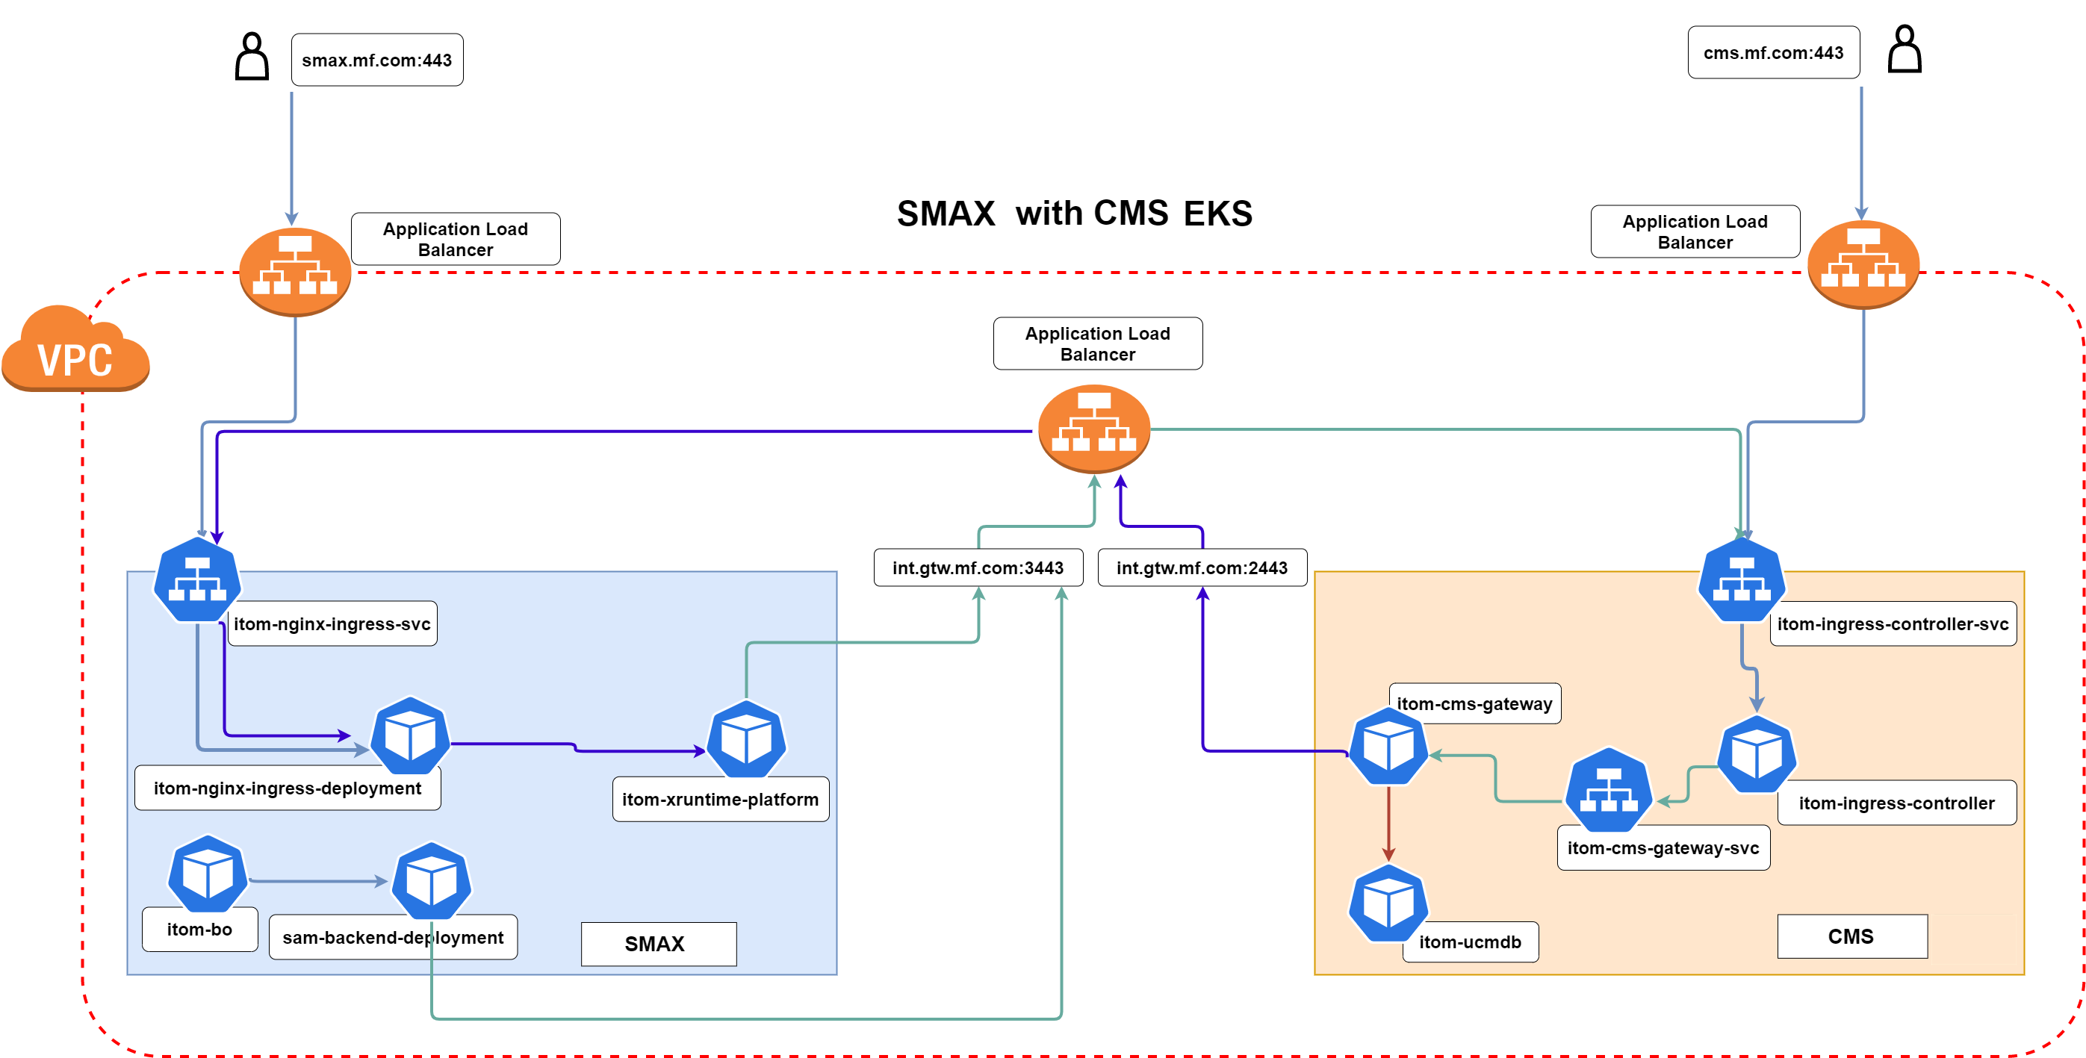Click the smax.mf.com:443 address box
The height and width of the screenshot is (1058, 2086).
377,60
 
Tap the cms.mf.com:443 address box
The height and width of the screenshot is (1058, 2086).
1772,52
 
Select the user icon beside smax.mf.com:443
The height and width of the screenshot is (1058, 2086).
252,57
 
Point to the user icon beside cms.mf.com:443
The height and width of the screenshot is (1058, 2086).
1904,49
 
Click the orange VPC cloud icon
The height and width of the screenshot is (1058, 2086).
75,350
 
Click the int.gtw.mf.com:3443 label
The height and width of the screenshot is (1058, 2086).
978,567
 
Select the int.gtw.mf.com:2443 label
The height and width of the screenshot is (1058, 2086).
1202,567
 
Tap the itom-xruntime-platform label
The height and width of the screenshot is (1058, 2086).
720,799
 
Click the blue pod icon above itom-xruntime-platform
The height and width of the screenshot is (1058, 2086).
746,739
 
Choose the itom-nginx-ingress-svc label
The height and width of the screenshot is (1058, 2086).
332,623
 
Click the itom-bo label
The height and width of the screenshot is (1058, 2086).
199,930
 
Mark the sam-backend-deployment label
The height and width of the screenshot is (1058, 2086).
393,937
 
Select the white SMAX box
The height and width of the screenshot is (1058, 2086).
657,944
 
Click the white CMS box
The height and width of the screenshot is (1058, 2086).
1851,936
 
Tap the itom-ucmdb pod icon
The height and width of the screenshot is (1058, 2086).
1388,903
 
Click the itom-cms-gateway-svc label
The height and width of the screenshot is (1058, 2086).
1663,847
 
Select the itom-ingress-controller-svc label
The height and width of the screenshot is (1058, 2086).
1893,623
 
